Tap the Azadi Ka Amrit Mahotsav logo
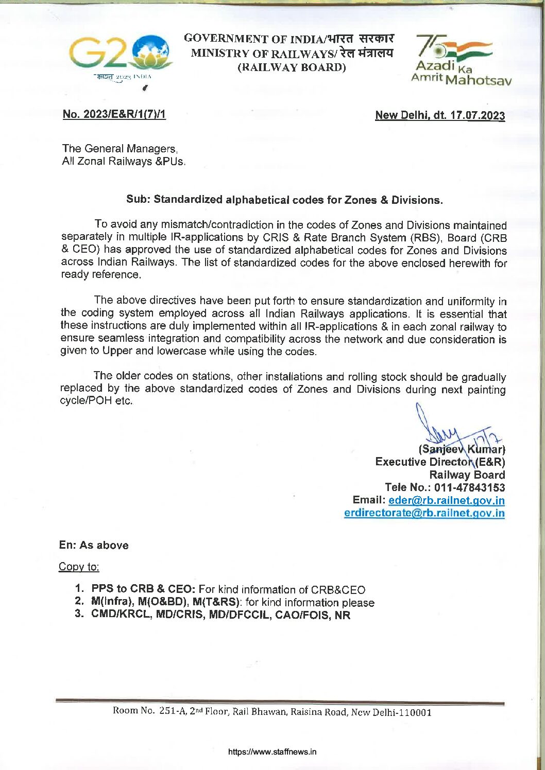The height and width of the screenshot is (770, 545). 459,59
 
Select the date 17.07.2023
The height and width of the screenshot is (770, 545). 477,115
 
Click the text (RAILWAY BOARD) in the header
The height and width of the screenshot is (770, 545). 292,67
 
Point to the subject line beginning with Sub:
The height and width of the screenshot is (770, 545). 284,200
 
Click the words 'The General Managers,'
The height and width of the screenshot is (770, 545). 120,149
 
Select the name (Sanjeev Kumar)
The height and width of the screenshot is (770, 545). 462,449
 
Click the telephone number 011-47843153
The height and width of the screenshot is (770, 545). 469,487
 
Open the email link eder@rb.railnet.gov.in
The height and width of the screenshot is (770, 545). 446,500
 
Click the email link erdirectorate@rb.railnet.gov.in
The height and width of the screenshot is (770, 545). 424,513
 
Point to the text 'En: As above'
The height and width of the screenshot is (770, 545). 94,545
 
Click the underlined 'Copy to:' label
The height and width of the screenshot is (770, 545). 79,567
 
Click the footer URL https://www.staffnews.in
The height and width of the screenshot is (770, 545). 272,752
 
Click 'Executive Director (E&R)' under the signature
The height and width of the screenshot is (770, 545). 440,462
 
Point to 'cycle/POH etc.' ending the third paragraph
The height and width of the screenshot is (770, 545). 96,401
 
